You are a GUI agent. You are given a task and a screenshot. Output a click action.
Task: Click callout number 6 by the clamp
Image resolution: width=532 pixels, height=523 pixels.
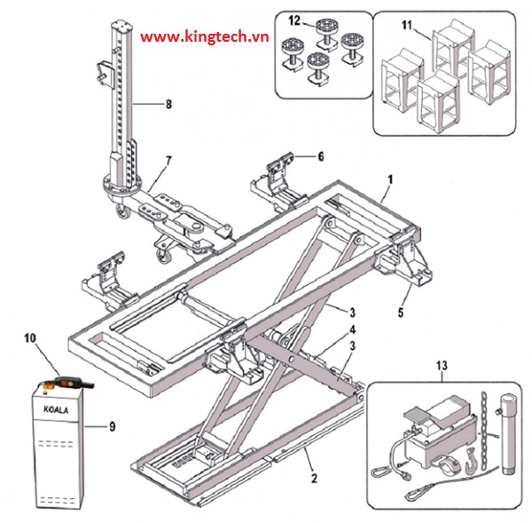pos(320,155)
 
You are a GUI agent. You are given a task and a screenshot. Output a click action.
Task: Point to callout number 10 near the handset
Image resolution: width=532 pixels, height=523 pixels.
pos(29,338)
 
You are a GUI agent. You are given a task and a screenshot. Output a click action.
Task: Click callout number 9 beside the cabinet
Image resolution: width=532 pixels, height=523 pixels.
pos(113,425)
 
